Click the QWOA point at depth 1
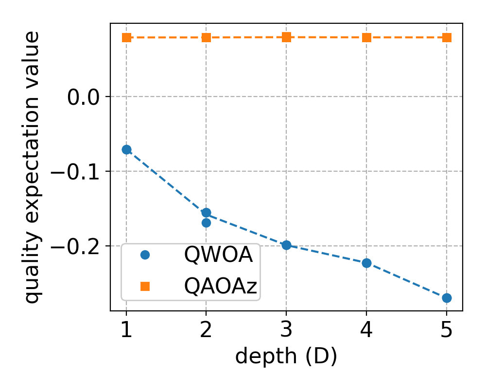tap(126, 149)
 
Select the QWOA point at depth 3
tap(287, 245)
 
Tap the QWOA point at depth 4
tap(367, 263)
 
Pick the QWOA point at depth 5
tap(447, 298)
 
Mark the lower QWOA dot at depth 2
tap(206, 223)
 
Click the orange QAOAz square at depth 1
tap(126, 37)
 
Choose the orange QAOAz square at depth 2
tap(206, 37)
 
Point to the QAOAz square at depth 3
tap(287, 37)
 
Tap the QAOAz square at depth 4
tap(367, 37)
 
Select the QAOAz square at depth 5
tap(447, 37)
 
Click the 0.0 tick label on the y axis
tap(83, 97)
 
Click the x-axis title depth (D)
tap(286, 356)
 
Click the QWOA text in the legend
tap(218, 255)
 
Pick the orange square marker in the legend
tap(145, 286)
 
